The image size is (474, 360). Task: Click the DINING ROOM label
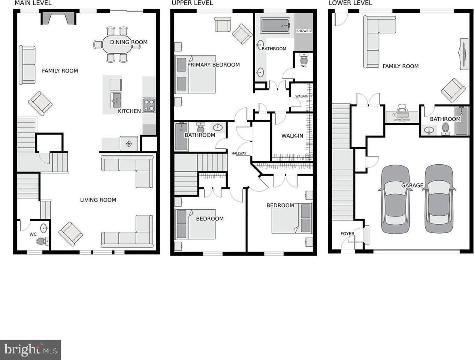[129, 42]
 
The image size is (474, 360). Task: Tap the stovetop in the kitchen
[149, 105]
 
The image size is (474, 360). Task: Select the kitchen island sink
[116, 100]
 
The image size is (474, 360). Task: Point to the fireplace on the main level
[58, 18]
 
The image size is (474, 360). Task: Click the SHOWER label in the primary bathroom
[304, 31]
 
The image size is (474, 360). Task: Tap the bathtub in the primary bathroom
[275, 26]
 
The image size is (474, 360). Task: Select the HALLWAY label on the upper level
[239, 153]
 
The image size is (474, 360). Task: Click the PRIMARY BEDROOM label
[213, 65]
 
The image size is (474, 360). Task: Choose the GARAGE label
[412, 185]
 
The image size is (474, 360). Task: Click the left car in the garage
[395, 199]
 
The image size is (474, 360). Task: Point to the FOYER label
[347, 234]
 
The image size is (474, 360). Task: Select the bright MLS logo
[30, 350]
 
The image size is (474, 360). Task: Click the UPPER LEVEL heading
[192, 3]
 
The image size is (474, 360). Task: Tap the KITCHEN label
[129, 111]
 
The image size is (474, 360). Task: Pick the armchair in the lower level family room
[453, 90]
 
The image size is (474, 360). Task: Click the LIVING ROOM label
[98, 200]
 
